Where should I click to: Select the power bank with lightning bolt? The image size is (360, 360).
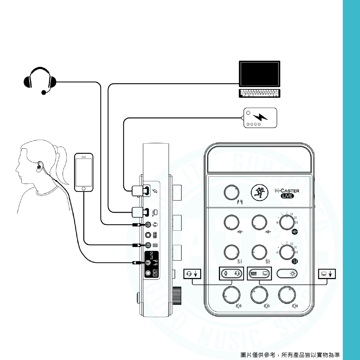pos(261,117)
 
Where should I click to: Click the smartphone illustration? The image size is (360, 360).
pos(84,172)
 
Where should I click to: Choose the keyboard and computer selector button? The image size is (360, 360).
pos(260,274)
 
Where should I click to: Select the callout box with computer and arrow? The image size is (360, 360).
pos(327,274)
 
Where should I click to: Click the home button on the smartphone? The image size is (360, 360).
pos(84,188)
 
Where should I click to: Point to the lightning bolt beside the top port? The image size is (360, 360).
pos(155,191)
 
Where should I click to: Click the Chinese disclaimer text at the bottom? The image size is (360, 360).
pos(290,355)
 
